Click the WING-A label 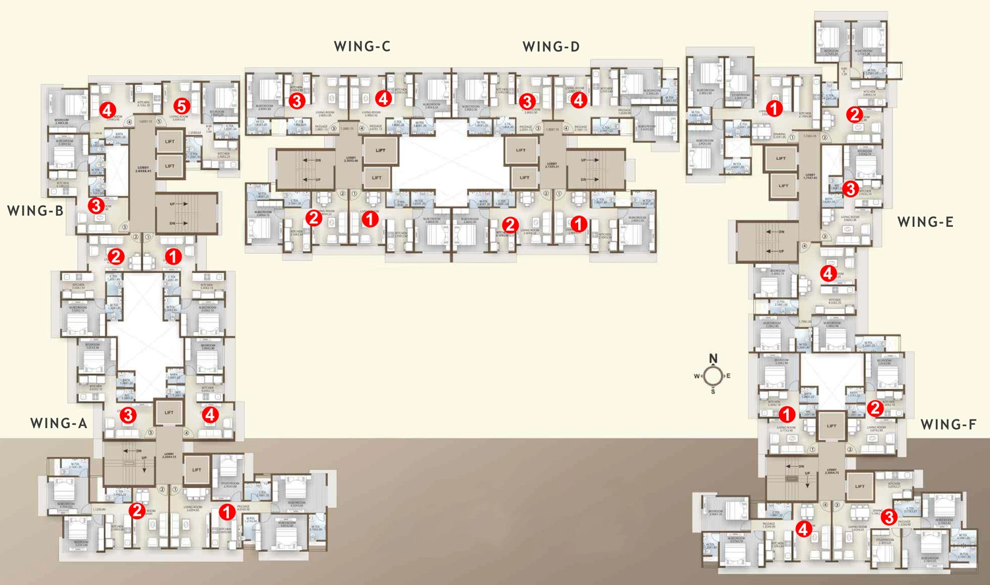(59, 423)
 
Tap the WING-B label (35, 210)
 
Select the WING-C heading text (362, 46)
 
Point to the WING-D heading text (550, 46)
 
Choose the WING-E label (925, 222)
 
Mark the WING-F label (948, 424)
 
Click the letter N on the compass (713, 359)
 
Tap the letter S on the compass (713, 392)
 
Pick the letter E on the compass (729, 376)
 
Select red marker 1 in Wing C (370, 218)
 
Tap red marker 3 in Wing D (527, 101)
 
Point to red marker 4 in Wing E (828, 272)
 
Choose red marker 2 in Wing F (875, 408)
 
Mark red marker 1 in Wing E (774, 108)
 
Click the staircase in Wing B (186, 214)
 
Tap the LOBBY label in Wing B (143, 169)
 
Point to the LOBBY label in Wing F (832, 472)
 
